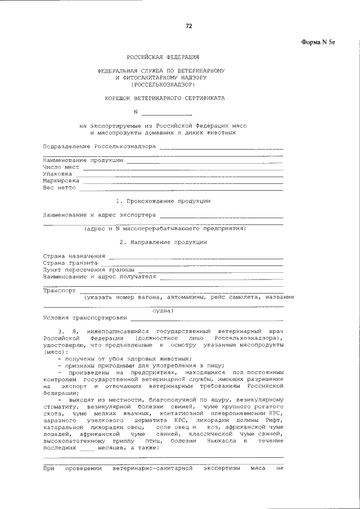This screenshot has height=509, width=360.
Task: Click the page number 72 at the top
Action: [x=189, y=26]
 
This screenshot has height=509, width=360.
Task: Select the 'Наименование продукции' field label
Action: [x=83, y=160]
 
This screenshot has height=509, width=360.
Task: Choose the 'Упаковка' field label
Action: [x=58, y=174]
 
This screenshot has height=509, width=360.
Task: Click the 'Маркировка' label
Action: [x=61, y=181]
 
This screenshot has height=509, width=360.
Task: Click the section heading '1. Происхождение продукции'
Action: [x=163, y=201]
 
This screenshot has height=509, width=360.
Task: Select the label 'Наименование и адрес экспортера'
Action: [x=100, y=215]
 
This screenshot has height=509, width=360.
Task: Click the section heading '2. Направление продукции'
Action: [x=163, y=242]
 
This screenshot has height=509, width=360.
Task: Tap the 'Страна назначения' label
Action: [x=74, y=256]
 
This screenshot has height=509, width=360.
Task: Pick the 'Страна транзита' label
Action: [x=71, y=263]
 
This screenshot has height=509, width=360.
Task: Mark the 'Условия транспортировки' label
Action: [x=84, y=318]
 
